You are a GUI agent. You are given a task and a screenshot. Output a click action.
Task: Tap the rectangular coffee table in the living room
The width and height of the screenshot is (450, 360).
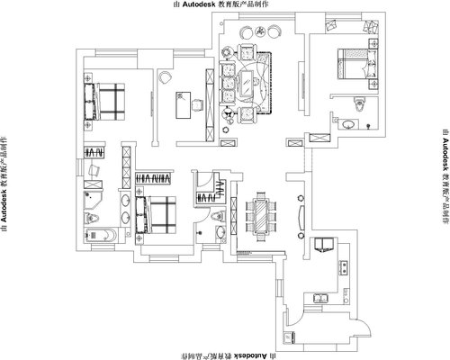click(247, 83)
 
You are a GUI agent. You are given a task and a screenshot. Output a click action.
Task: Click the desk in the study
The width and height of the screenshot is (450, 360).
click(183, 104)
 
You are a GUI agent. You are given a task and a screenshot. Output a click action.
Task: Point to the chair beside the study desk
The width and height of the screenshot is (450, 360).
click(197, 105)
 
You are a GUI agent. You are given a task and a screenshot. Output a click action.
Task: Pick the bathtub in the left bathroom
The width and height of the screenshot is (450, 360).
click(101, 235)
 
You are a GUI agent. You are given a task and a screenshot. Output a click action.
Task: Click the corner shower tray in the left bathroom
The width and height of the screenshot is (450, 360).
click(93, 200)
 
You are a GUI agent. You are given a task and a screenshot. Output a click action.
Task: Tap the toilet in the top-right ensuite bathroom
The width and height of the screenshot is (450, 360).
click(359, 103)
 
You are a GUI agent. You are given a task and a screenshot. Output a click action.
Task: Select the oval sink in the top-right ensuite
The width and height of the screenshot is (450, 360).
click(348, 124)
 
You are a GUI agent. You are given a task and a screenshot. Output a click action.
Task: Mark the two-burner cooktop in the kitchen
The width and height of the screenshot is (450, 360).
click(344, 267)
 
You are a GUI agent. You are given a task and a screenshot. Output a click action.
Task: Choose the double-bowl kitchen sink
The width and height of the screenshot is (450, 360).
click(321, 298)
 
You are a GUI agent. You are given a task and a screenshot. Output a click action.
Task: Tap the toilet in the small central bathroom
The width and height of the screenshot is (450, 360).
click(218, 216)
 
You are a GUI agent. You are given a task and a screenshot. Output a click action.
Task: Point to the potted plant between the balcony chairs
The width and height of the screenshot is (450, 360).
click(260, 31)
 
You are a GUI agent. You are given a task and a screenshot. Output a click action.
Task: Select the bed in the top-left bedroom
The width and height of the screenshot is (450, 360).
click(104, 102)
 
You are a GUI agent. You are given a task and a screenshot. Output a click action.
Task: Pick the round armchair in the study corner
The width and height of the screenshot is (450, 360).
click(165, 77)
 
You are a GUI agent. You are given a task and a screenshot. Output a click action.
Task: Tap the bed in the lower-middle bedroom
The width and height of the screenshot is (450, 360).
click(156, 215)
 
